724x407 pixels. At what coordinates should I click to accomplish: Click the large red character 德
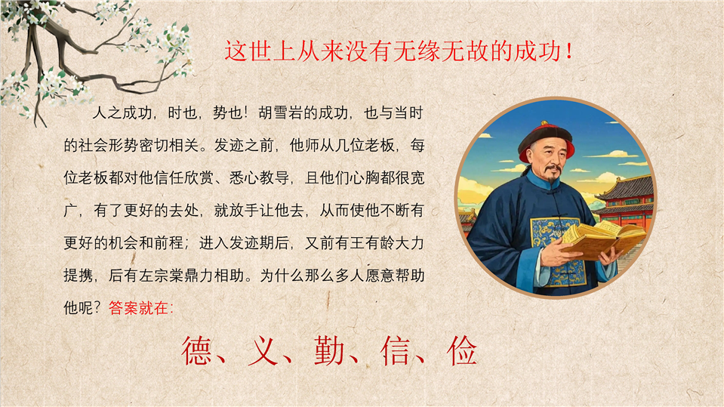(197, 350)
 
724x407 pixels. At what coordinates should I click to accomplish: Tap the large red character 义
(263, 350)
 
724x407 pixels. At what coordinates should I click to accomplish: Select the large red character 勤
(330, 350)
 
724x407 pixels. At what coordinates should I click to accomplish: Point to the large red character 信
(396, 350)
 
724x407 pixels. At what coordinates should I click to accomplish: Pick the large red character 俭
(462, 350)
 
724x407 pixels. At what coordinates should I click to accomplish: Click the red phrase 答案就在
(138, 308)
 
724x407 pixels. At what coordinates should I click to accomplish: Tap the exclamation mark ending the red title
(569, 51)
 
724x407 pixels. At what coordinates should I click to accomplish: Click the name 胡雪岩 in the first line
(281, 113)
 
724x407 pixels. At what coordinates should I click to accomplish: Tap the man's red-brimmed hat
(547, 140)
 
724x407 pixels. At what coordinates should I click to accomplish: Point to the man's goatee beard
(551, 177)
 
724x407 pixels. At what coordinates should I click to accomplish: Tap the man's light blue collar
(544, 181)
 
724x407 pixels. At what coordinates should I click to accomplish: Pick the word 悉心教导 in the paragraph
(259, 178)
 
